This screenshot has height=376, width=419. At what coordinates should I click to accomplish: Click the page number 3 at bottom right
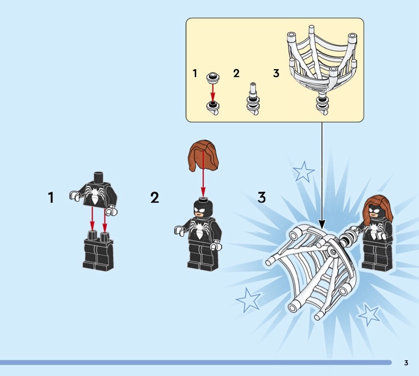(x=406, y=362)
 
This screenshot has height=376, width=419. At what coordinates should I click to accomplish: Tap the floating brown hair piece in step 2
(x=203, y=156)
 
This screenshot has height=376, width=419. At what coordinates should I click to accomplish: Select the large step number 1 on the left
(x=51, y=197)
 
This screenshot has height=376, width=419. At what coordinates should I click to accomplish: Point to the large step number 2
(x=155, y=198)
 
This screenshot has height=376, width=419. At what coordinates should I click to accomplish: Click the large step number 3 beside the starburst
(x=262, y=197)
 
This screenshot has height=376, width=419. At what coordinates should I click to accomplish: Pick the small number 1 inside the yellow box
(x=195, y=73)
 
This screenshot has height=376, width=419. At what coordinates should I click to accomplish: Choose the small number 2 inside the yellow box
(x=236, y=73)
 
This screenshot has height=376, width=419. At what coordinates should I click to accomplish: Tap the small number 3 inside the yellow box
(x=277, y=73)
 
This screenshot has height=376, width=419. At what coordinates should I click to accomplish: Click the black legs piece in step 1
(x=97, y=251)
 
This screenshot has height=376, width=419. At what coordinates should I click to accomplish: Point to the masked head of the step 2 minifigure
(x=204, y=208)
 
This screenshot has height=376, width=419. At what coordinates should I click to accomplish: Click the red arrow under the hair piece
(x=203, y=174)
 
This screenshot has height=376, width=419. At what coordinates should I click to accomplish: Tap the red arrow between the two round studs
(x=213, y=92)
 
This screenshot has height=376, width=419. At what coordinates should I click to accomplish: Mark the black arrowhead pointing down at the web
(x=322, y=224)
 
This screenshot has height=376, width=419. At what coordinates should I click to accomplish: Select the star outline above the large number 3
(x=303, y=171)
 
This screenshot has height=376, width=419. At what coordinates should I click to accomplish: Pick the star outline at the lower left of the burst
(x=248, y=300)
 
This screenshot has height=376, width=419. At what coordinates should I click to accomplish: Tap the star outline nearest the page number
(x=369, y=315)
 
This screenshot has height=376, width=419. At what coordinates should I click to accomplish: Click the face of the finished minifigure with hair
(x=376, y=212)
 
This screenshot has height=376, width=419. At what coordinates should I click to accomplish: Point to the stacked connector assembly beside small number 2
(x=253, y=99)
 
